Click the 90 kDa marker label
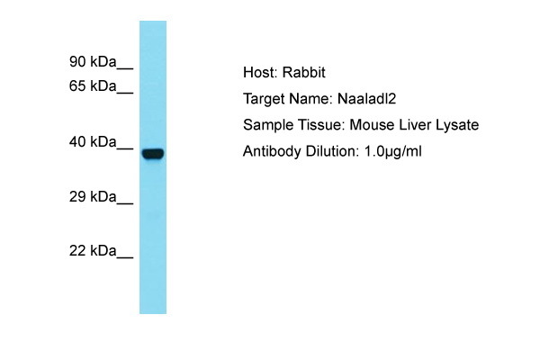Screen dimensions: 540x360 coord(93,62)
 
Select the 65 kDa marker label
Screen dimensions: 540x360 coord(93,85)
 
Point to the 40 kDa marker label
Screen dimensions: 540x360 coord(93,141)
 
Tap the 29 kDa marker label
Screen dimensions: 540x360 coord(93,197)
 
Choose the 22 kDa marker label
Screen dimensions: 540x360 coord(93,250)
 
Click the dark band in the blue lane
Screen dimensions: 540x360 coord(153,153)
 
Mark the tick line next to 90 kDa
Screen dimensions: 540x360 coord(125,68)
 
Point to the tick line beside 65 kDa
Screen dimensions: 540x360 coord(125,93)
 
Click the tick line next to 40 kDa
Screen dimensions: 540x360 coord(125,148)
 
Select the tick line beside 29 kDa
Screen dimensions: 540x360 coord(125,203)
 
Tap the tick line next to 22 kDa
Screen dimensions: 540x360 coord(125,257)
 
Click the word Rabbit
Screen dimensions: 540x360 coord(304,72)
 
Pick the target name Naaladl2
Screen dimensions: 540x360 coord(367,99)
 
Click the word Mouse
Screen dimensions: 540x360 coord(372,125)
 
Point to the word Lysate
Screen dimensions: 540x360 coord(457,125)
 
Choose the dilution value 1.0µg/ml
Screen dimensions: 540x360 coord(393,151)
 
